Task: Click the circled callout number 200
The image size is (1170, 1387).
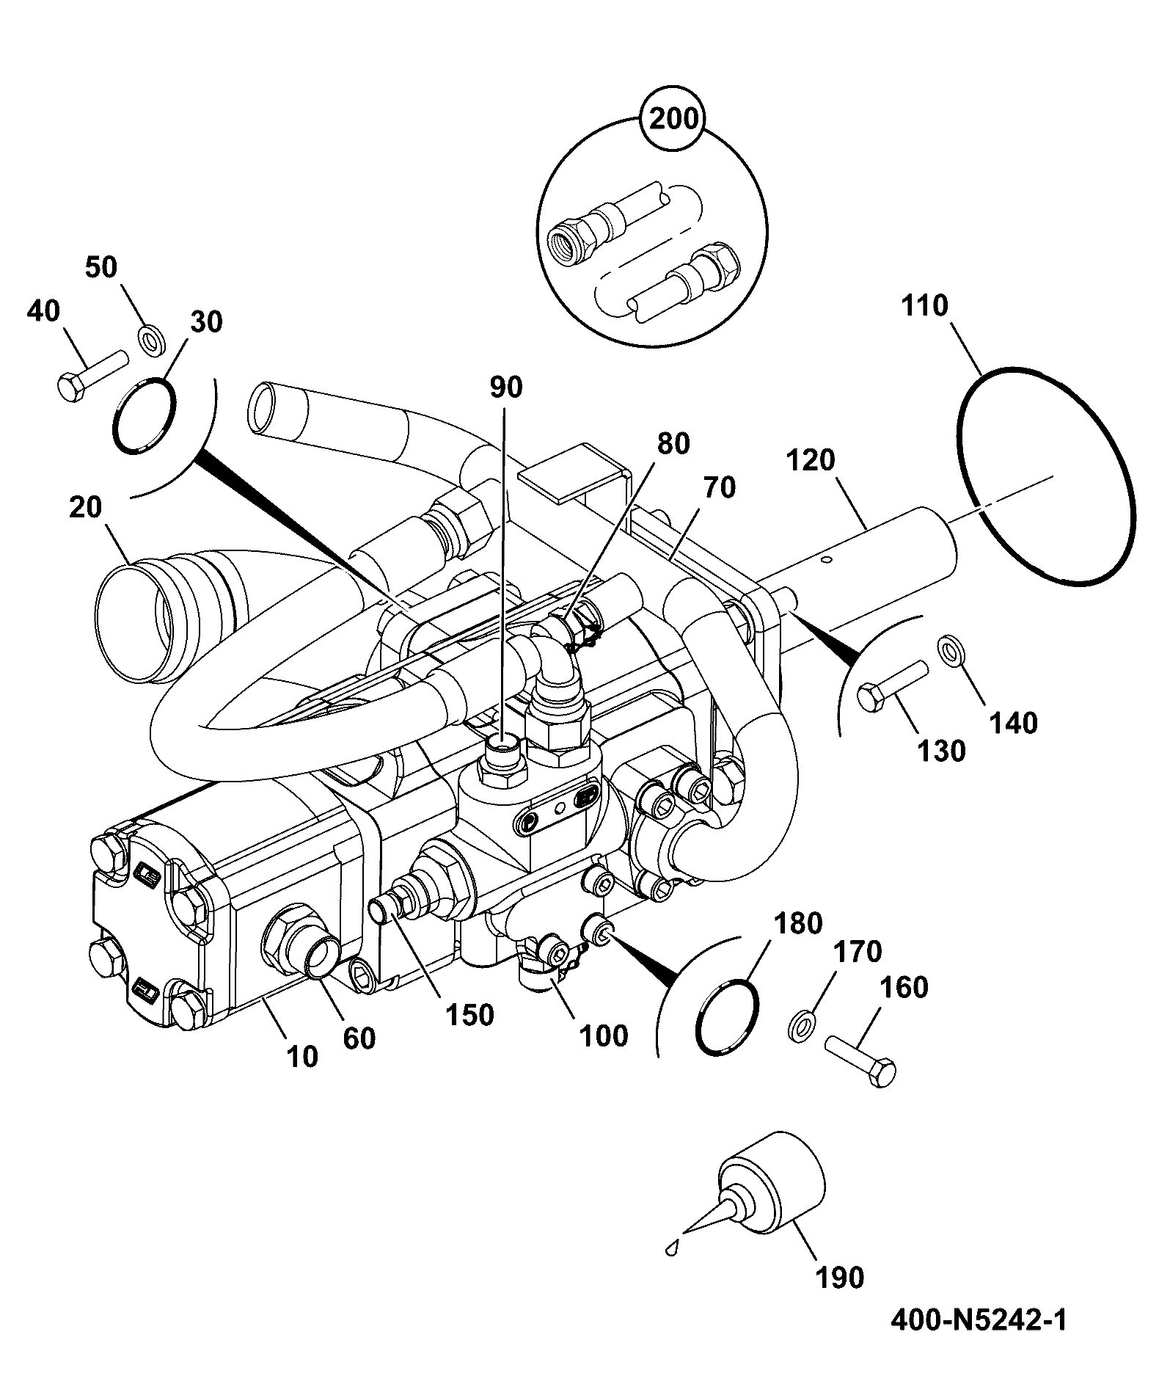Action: click(x=673, y=119)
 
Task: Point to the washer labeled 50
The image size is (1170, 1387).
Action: click(x=151, y=341)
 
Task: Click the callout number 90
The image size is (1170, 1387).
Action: click(x=505, y=387)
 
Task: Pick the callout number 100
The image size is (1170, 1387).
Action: click(x=604, y=1035)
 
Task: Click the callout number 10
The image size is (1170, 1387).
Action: click(x=301, y=1056)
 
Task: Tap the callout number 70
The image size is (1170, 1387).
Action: click(x=719, y=487)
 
